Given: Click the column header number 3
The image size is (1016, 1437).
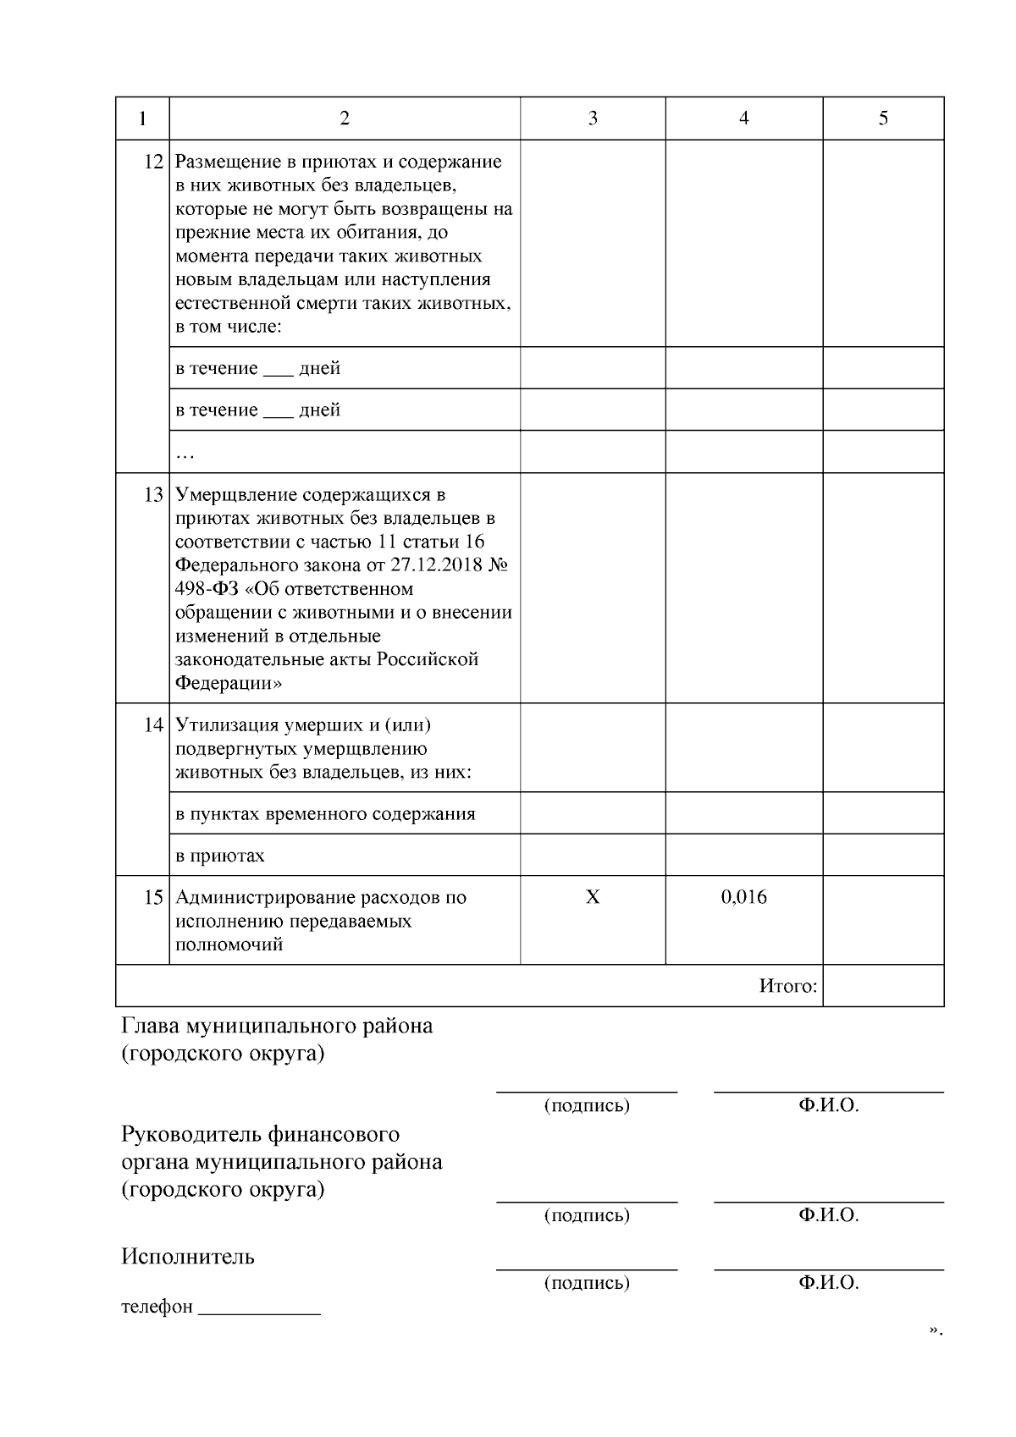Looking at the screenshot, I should click(x=593, y=118).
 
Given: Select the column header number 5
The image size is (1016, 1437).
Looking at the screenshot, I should click(x=883, y=118).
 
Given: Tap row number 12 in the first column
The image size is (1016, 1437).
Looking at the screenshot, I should click(x=153, y=162).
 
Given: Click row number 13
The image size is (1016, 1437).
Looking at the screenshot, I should click(x=153, y=494).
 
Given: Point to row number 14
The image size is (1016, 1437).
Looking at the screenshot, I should click(x=153, y=725).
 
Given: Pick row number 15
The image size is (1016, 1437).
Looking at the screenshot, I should click(x=153, y=897).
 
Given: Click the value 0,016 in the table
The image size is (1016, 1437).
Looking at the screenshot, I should click(x=744, y=897).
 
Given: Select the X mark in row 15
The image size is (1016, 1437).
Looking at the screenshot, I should click(x=593, y=897).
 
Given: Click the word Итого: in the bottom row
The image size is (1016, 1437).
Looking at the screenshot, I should click(x=787, y=986).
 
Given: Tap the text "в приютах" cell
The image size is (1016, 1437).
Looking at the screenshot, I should click(x=220, y=856).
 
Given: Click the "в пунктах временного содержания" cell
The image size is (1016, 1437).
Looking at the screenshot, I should click(x=325, y=814).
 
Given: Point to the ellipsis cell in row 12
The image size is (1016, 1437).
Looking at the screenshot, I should click(x=185, y=455).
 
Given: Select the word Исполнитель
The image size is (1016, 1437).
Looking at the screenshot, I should click(x=188, y=1256).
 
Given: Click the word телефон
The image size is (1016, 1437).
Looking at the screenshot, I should click(x=157, y=1307).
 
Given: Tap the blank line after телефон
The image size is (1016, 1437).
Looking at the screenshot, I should click(x=259, y=1310).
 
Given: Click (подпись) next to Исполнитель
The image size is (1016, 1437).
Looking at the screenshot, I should click(x=587, y=1283).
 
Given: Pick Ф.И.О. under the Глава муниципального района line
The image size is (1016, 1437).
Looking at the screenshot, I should click(x=828, y=1105).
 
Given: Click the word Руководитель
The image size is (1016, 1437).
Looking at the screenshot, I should click(x=188, y=1134).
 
